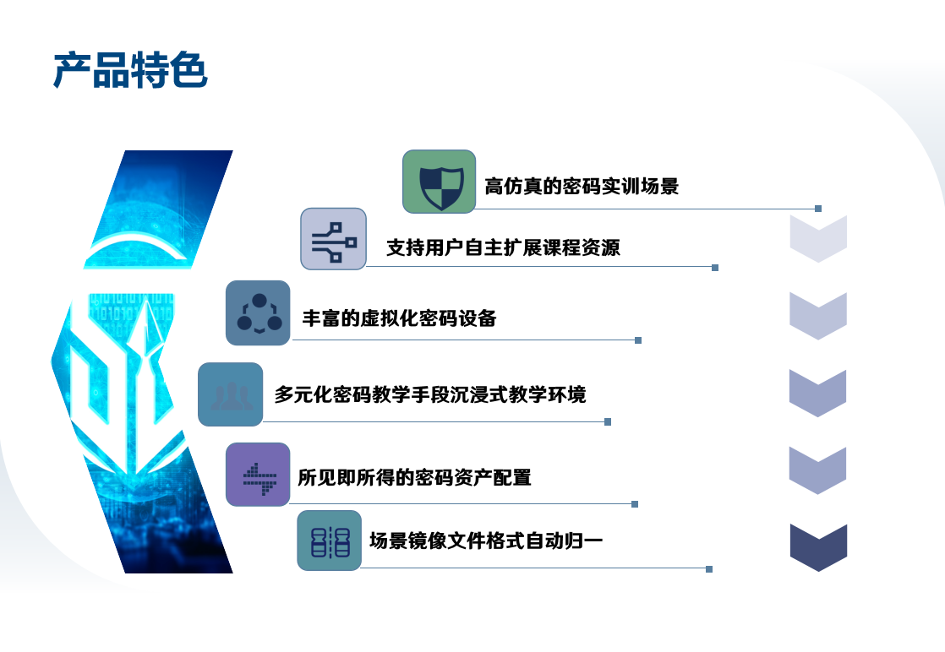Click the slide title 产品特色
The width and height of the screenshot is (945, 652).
[130, 70]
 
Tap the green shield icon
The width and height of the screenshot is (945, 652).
[439, 182]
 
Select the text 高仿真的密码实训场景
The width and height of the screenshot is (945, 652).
[582, 186]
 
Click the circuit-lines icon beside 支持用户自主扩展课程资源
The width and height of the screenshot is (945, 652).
[333, 239]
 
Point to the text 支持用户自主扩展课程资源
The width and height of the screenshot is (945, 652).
[503, 247]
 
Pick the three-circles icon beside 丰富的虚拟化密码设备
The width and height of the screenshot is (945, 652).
[258, 313]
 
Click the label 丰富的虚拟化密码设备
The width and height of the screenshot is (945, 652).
[400, 318]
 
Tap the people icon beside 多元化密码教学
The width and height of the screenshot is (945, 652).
[230, 394]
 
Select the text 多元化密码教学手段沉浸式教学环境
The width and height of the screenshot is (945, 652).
[430, 394]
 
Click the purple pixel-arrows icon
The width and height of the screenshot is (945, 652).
[258, 475]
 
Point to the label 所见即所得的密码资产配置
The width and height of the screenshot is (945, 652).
[415, 477]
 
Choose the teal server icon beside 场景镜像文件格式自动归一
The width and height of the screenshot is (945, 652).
[329, 541]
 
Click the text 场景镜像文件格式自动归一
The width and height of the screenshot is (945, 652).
[486, 541]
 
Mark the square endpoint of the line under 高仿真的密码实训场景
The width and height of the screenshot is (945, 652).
[818, 209]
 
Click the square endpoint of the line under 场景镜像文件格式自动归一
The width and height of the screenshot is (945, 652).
[709, 569]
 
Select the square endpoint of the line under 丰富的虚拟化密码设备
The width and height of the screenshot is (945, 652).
[638, 340]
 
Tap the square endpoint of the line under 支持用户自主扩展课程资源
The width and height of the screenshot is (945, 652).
[715, 267]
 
